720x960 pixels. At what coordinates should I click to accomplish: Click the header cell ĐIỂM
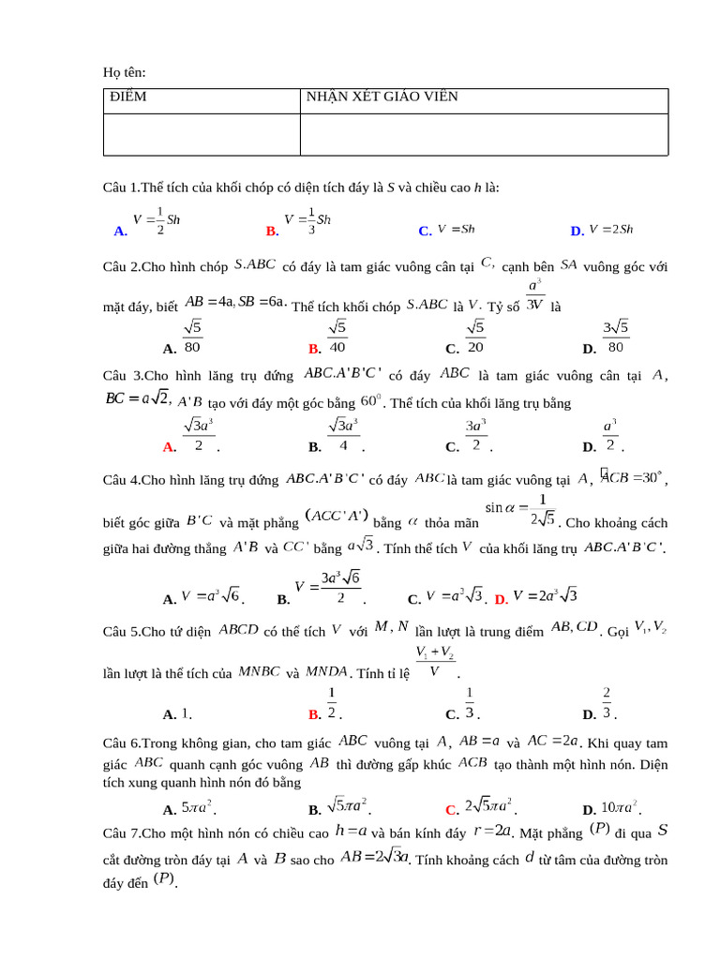pyautogui.click(x=128, y=97)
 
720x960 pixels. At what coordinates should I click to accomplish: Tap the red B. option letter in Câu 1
pyautogui.click(x=273, y=231)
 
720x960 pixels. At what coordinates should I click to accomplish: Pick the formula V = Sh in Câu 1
pyautogui.click(x=457, y=229)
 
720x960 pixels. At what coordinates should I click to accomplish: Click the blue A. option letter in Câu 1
pyautogui.click(x=120, y=231)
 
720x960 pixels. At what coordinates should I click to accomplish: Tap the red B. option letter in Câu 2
pyautogui.click(x=316, y=348)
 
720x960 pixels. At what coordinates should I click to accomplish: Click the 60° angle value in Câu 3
pyautogui.click(x=371, y=402)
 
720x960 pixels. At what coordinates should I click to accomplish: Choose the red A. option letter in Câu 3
pyautogui.click(x=170, y=447)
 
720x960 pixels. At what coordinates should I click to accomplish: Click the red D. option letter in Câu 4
pyautogui.click(x=502, y=599)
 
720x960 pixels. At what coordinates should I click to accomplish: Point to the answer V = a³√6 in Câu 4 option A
pyautogui.click(x=211, y=596)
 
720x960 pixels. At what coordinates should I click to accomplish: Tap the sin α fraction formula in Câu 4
pyautogui.click(x=520, y=512)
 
